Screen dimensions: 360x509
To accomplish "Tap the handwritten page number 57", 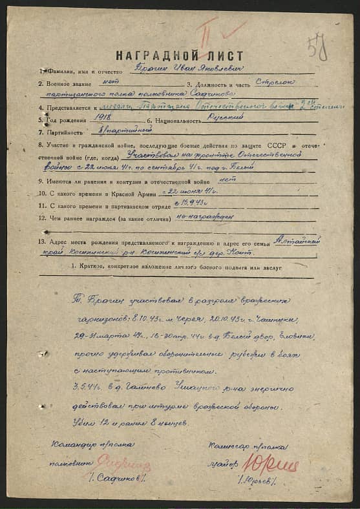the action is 317,47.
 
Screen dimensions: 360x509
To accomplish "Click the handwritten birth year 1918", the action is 103,118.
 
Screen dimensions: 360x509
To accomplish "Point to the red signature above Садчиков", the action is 124,463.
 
